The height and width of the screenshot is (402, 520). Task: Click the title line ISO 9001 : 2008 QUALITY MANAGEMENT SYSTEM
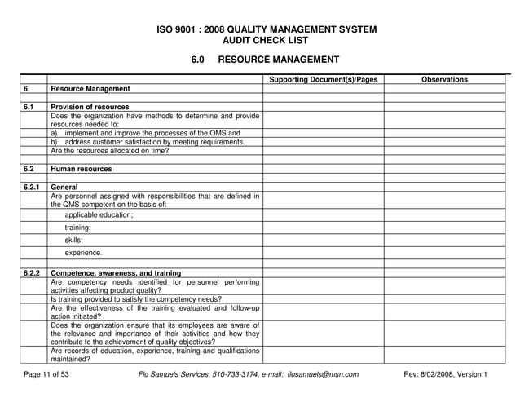pos(266,29)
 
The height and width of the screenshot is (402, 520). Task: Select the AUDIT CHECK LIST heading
pos(266,41)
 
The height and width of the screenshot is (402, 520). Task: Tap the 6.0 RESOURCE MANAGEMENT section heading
pos(265,60)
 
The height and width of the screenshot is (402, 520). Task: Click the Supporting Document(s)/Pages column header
pos(323,79)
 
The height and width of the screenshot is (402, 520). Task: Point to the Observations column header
pos(444,79)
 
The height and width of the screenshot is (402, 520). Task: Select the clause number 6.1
pos(29,107)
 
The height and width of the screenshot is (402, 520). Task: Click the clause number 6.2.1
pos(32,187)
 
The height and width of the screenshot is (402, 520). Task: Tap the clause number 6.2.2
pos(32,272)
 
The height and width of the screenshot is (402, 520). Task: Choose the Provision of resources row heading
pos(90,107)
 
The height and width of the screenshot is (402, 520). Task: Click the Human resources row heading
pos(82,169)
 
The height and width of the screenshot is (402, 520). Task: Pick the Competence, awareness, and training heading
pos(116,272)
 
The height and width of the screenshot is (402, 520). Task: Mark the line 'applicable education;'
pos(99,215)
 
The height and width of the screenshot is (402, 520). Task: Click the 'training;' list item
pos(78,228)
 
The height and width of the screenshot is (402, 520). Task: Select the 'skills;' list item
pos(74,241)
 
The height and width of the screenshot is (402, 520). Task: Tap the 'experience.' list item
pos(83,253)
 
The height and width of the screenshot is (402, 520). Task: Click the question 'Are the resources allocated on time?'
pos(109,151)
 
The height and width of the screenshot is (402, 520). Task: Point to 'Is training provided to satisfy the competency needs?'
pos(135,299)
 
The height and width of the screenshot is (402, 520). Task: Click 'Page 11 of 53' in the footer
pos(46,374)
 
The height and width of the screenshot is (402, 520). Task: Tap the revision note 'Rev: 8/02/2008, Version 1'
pos(445,374)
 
